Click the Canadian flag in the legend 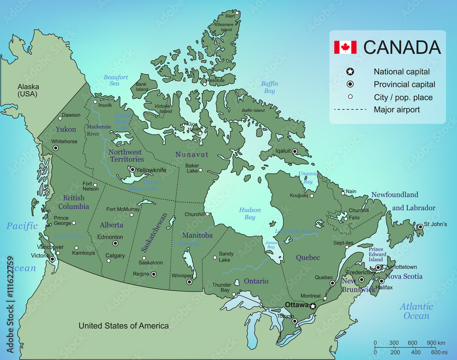coord(345,47)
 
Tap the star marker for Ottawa coord(313,306)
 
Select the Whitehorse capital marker coord(56,148)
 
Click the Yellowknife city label coord(152,170)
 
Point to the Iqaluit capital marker coord(295,151)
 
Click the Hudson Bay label coord(250,214)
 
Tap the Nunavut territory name coord(191,155)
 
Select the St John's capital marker coord(420,226)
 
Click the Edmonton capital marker coord(115,243)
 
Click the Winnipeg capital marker coord(189,282)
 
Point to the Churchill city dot coord(207,214)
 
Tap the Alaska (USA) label coord(28,90)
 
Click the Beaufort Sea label coord(115,81)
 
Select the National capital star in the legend coord(350,71)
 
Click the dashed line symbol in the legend coord(350,109)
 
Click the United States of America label coord(123,326)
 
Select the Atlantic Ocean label coord(416,311)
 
